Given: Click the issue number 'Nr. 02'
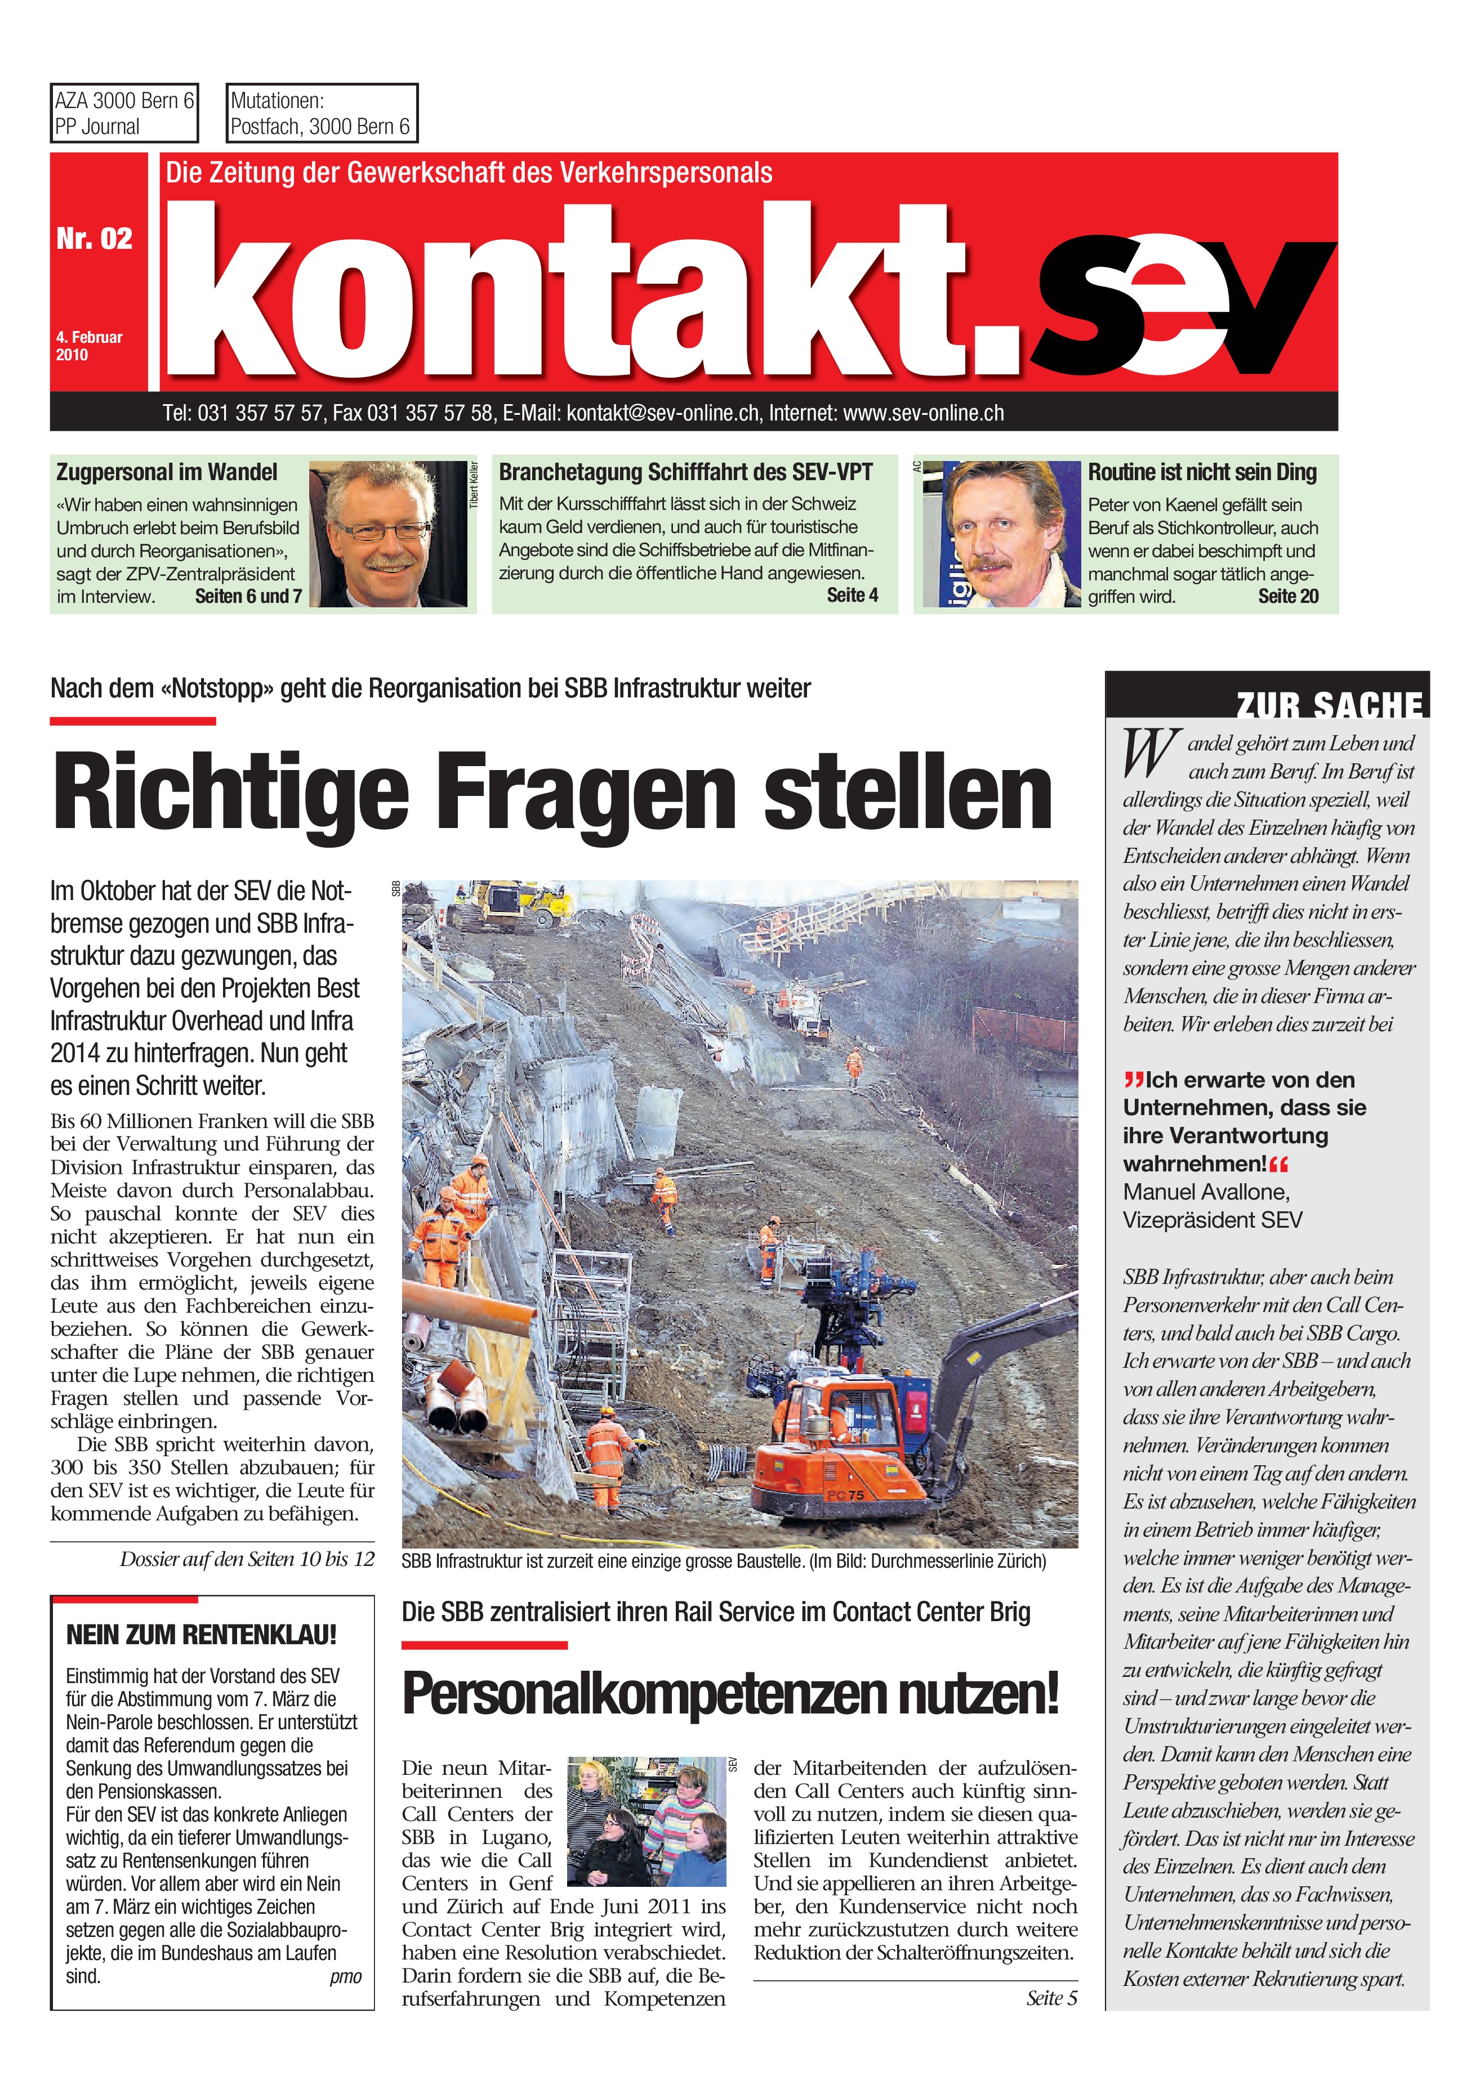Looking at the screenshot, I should [94, 239].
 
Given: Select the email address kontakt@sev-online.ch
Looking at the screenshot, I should [662, 413].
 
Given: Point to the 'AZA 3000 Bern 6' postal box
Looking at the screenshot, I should [124, 113].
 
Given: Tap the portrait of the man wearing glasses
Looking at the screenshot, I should [388, 534].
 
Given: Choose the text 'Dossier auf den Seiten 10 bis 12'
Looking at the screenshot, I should [246, 1559].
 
